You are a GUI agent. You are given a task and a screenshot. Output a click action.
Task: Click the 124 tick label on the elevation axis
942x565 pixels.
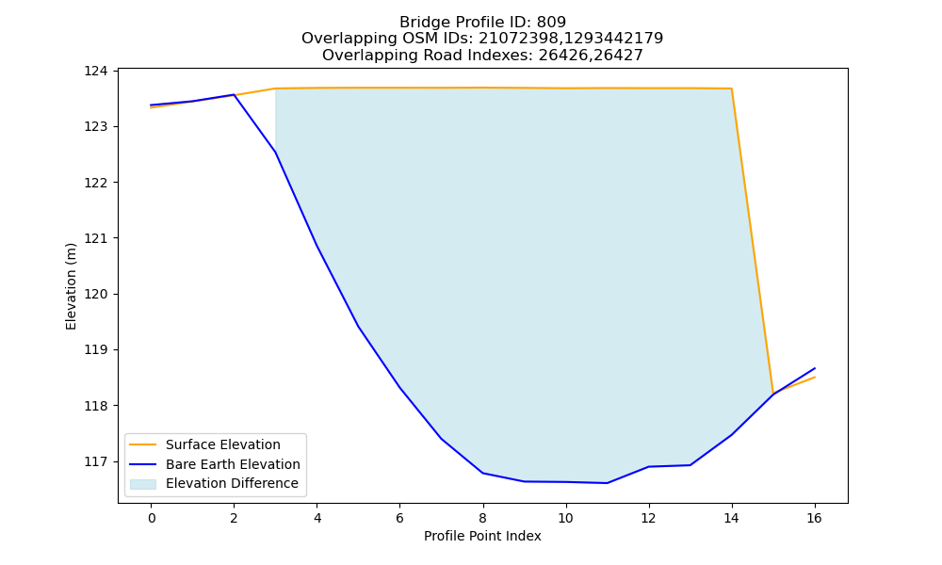click(x=95, y=72)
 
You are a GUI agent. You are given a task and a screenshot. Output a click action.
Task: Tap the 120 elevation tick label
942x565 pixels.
click(x=95, y=294)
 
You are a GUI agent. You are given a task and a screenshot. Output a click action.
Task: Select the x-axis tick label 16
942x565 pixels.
click(x=814, y=518)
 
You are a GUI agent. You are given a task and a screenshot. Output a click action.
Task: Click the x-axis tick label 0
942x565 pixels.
click(x=152, y=518)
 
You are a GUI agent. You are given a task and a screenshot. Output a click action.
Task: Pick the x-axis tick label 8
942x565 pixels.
click(x=482, y=518)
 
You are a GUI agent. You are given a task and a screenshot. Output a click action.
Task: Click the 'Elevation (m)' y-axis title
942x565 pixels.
click(x=71, y=286)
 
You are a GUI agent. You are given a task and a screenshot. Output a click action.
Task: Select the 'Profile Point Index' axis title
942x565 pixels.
click(x=482, y=536)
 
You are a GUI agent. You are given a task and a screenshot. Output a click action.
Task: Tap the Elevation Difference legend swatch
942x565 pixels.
click(x=143, y=484)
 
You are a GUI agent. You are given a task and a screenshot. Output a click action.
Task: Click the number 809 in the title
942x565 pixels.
click(x=551, y=23)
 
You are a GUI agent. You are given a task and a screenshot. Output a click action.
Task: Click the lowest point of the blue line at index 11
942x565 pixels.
click(x=608, y=483)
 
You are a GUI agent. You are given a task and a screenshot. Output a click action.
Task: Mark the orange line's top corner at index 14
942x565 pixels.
click(x=731, y=89)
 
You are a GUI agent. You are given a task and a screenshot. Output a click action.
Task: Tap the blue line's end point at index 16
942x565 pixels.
click(x=815, y=368)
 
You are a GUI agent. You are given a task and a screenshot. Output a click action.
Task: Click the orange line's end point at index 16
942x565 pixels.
click(x=815, y=377)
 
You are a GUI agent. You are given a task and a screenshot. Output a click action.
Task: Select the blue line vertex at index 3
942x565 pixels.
click(x=275, y=153)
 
